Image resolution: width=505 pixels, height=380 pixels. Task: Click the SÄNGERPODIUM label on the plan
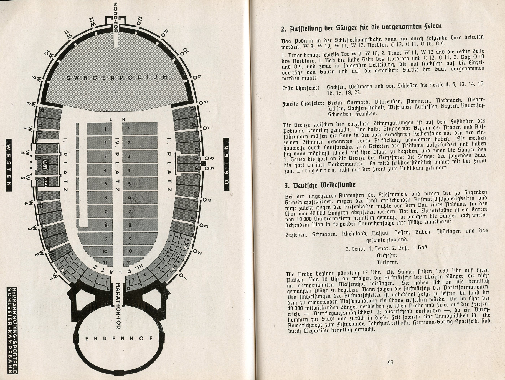117,78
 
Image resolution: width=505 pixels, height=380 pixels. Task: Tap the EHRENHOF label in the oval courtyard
119,338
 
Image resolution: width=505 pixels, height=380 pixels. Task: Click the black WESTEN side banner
9,165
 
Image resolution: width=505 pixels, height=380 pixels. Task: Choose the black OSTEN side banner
226,164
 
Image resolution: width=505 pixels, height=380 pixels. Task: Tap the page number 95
390,362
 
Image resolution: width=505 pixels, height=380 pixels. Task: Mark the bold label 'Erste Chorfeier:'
300,88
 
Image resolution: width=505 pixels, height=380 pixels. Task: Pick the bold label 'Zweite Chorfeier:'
303,104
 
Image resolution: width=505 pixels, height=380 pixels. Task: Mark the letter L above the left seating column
110,119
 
